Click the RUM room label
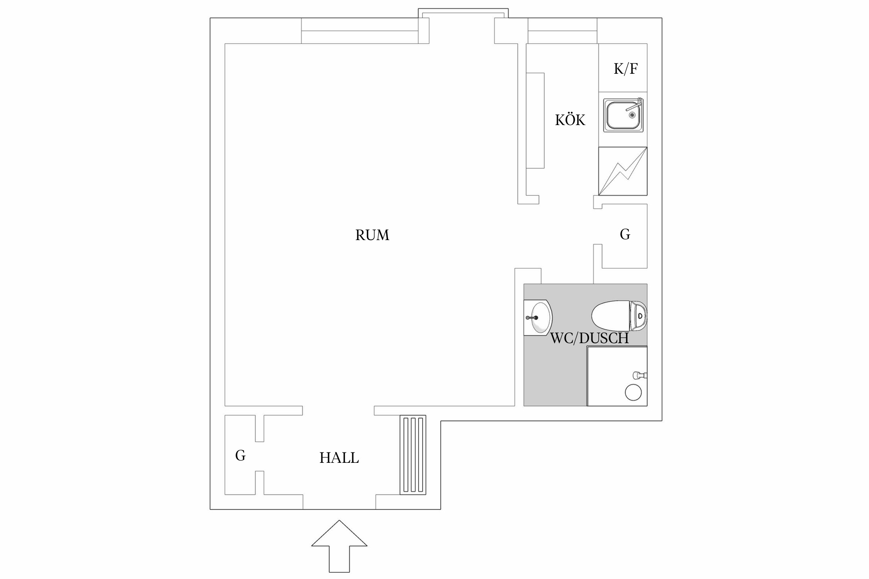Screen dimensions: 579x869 372,235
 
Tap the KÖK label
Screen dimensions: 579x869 570,120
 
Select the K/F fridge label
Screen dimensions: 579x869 625,69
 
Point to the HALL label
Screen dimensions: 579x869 339,458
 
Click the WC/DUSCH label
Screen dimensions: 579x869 589,339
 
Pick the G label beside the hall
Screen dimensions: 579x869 240,456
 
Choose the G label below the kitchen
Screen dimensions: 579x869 625,234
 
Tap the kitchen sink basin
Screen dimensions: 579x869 621,115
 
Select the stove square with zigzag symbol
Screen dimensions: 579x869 623,171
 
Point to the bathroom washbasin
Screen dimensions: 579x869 540,318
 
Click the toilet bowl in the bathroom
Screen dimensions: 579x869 610,316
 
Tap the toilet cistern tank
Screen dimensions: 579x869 638,316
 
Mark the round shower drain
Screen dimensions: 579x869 633,393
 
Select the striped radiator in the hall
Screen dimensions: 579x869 413,455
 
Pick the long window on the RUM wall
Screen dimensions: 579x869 360,31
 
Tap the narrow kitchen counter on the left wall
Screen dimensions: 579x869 535,120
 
